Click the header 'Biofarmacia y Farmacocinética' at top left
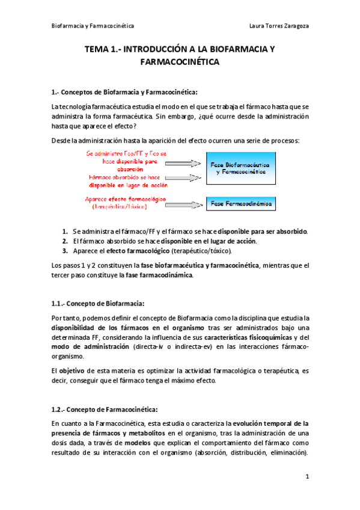pyautogui.click(x=93, y=26)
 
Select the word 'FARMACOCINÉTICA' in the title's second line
pyautogui.click(x=180, y=62)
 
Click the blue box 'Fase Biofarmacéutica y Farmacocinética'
pyautogui.click(x=240, y=168)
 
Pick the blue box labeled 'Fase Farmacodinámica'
pyautogui.click(x=240, y=204)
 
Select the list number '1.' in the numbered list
pyautogui.click(x=65, y=231)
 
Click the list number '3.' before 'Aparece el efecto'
pyautogui.click(x=65, y=251)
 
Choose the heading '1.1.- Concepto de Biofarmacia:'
pyautogui.click(x=98, y=303)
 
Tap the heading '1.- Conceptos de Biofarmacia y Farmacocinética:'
pyautogui.click(x=124, y=91)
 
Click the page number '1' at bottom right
pyautogui.click(x=307, y=477)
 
